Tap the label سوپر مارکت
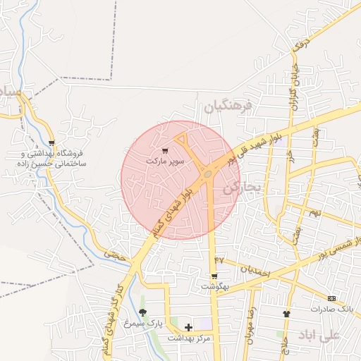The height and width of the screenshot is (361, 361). (165, 161)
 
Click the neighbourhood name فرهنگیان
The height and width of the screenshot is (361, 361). (227, 107)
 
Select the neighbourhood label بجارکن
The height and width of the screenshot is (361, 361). (242, 188)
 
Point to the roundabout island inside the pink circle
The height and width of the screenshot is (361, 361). (208, 173)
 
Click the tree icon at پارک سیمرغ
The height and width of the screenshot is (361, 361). (143, 312)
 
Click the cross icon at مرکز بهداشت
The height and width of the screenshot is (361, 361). (188, 326)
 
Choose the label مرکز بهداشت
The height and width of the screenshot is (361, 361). (189, 338)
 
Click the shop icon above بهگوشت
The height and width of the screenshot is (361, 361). (214, 276)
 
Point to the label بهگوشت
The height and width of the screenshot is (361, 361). (214, 286)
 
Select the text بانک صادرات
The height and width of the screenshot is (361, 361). (331, 310)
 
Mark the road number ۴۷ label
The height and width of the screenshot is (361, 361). (219, 259)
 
